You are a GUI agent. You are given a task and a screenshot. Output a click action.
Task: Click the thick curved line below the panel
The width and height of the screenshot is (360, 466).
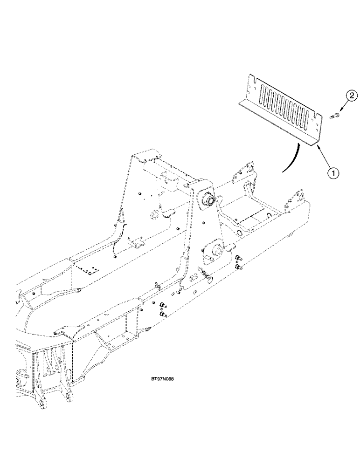tap(290, 161)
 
